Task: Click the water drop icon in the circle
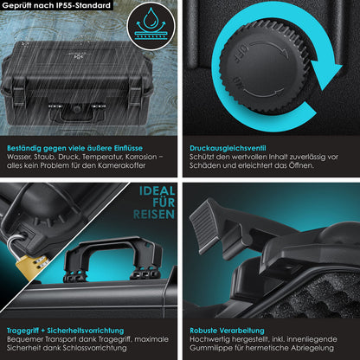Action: pos(151,18)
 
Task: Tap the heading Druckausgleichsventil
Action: pos(228,148)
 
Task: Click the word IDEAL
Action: pos(157,191)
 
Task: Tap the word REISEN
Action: pos(154,215)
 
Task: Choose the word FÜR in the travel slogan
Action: pos(164,202)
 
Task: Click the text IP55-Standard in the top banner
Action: pos(83,5)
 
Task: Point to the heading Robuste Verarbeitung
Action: pos(227,331)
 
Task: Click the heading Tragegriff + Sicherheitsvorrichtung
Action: pos(65,331)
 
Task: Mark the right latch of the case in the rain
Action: pos(134,95)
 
